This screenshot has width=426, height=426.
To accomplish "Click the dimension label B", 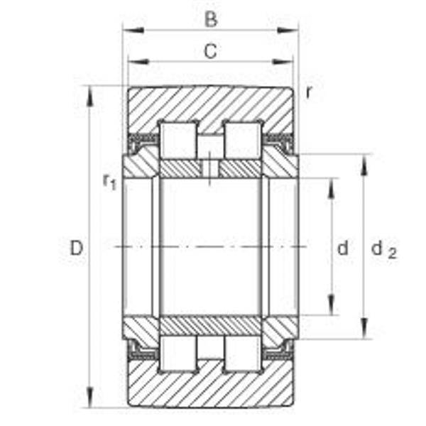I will pyautogui.click(x=210, y=19).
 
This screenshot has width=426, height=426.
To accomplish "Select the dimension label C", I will pyautogui.click(x=210, y=50).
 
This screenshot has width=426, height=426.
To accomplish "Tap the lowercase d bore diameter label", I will pyautogui.click(x=343, y=248).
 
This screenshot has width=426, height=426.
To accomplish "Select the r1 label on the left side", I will pyautogui.click(x=109, y=182).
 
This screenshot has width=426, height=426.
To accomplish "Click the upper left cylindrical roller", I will pyautogui.click(x=178, y=140).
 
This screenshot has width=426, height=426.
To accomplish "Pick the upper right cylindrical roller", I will pyautogui.click(x=242, y=140).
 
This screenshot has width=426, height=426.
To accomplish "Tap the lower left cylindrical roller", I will pyautogui.click(x=178, y=354).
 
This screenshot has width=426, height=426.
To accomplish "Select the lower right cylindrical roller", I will pyautogui.click(x=242, y=354).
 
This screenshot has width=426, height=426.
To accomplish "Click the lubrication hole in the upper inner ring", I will pyautogui.click(x=210, y=169).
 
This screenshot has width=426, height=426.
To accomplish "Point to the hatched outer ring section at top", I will pyautogui.click(x=210, y=105).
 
